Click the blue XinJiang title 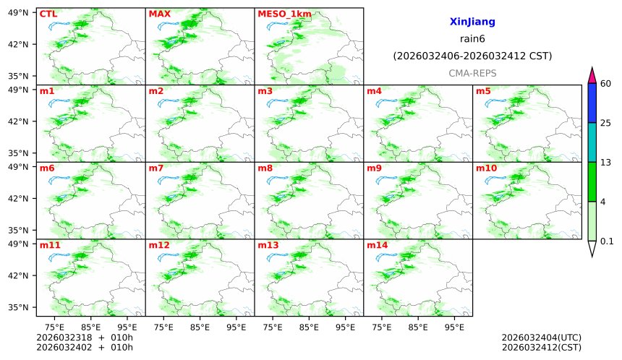pos(472,22)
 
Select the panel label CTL pos(48,14)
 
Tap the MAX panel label pos(159,14)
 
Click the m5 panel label pos(483,91)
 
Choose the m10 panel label pos(486,168)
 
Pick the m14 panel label pos(377,246)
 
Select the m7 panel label pos(156,168)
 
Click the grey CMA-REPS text pos(472,73)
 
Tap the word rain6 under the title pos(472,39)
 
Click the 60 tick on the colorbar pos(606,84)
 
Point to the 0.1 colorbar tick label pos(608,241)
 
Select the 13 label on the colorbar pos(606,163)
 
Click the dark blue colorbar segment pos(592,103)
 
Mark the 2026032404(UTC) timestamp pos(541,338)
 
